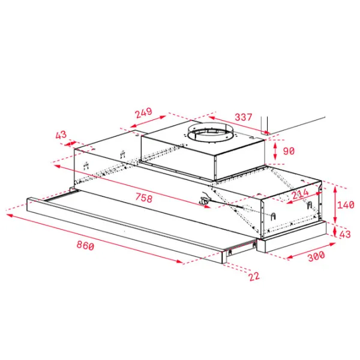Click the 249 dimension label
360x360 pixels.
tap(144, 113)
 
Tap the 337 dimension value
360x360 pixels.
tap(244, 117)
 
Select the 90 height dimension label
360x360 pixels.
tap(289, 151)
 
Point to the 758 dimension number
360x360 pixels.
tap(144, 198)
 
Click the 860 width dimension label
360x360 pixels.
tap(85, 245)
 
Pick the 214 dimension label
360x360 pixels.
tap(301, 194)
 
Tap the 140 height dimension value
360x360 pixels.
tap(346, 205)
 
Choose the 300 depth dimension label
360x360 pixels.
tap(316, 256)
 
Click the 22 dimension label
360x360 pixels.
tap(254, 277)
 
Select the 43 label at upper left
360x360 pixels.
tap(61, 135)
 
